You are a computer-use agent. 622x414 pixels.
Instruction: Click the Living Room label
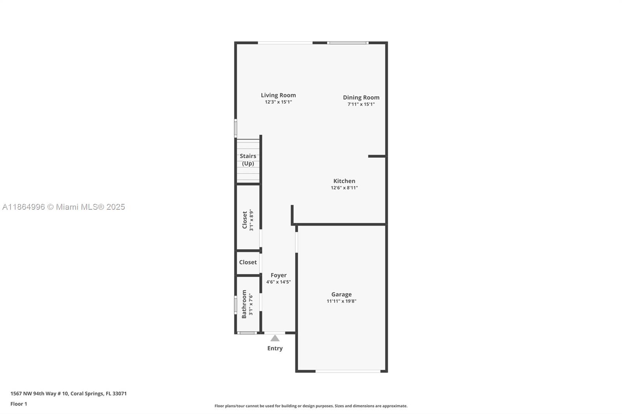(x=278, y=95)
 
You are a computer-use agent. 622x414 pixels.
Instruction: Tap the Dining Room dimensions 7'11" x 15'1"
(x=361, y=104)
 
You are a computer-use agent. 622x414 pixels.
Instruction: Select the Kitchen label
(x=344, y=181)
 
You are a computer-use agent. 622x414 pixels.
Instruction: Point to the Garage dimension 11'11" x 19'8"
(x=341, y=301)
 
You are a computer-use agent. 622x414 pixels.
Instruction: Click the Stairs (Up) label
(x=248, y=160)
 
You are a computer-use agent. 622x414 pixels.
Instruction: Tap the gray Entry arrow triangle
(x=275, y=338)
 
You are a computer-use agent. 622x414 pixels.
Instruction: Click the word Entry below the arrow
(x=275, y=348)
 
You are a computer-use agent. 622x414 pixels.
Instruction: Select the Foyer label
(x=278, y=275)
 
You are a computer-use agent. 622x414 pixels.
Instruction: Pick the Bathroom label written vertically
(x=244, y=304)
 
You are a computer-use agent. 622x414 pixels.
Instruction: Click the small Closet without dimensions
(x=248, y=262)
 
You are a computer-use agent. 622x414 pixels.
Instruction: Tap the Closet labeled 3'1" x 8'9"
(x=245, y=220)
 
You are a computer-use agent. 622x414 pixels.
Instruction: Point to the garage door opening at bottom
(x=348, y=371)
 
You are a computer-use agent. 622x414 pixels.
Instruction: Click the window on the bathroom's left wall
(x=235, y=305)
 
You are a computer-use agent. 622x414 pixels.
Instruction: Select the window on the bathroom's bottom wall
(x=247, y=333)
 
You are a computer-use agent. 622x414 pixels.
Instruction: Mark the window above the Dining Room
(x=347, y=43)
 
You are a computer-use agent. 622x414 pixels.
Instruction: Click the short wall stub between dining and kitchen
(x=376, y=156)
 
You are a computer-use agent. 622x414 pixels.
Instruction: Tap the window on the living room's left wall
(x=235, y=128)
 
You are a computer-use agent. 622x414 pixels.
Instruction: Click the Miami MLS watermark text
(x=64, y=207)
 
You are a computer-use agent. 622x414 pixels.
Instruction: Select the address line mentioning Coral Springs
(x=68, y=393)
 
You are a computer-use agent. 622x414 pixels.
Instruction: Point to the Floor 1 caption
(x=19, y=404)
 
